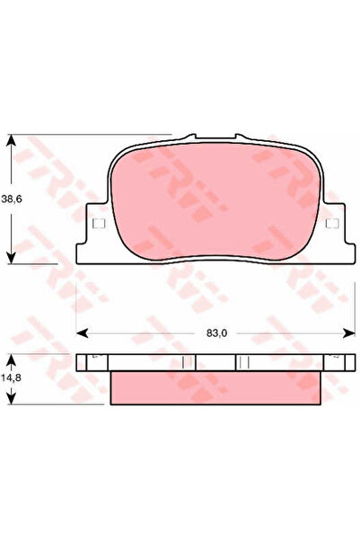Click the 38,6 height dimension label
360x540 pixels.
point(12,199)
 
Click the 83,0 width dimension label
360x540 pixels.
point(217,333)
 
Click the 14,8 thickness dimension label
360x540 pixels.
point(11,377)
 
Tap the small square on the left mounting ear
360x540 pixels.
point(99,224)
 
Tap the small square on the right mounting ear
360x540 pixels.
point(332,224)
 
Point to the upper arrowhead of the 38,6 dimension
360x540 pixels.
point(12,141)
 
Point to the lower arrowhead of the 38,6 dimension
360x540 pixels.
point(12,257)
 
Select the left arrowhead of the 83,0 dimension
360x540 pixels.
point(82,333)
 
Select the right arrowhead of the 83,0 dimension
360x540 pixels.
point(348,333)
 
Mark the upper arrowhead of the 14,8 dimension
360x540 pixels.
point(12,360)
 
